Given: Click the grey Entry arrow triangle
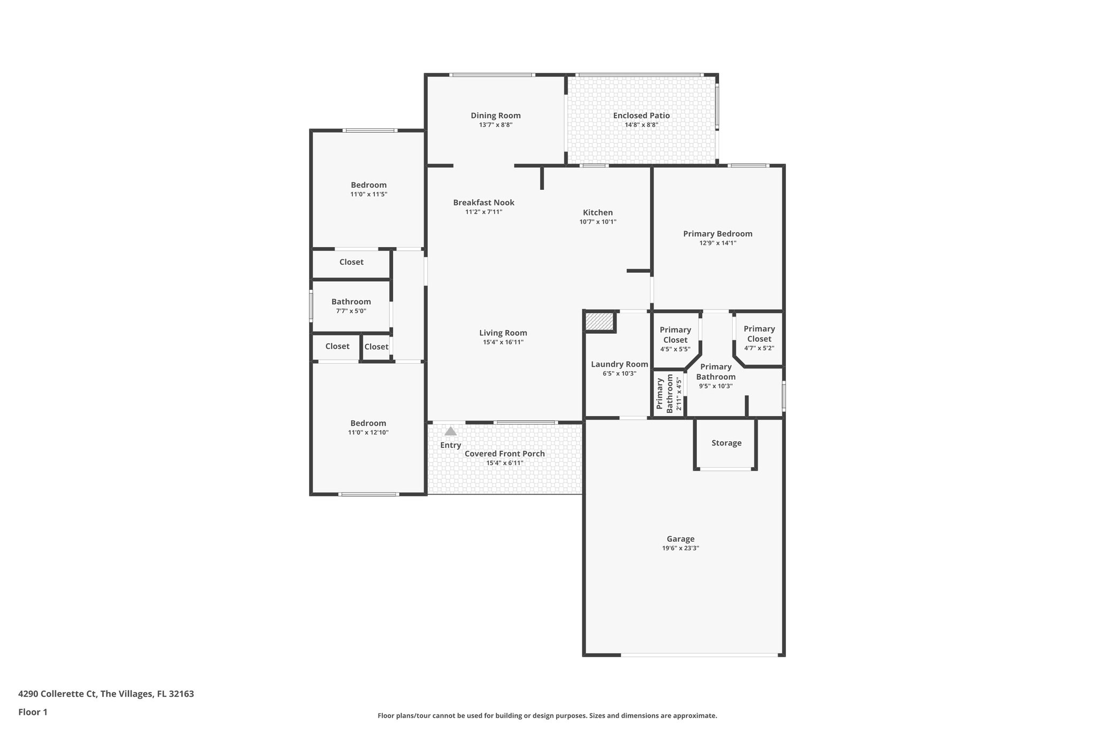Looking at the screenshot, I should pyautogui.click(x=451, y=431).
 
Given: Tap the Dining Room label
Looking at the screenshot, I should pyautogui.click(x=496, y=116).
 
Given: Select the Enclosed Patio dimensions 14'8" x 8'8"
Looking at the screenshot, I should pyautogui.click(x=641, y=125).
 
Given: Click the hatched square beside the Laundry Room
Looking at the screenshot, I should pyautogui.click(x=599, y=322).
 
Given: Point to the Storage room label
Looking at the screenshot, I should pyautogui.click(x=726, y=443).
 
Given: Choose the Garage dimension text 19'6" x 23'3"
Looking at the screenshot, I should pyautogui.click(x=680, y=548).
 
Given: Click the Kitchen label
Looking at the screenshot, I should pyautogui.click(x=598, y=212).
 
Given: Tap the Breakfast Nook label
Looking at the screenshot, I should pyautogui.click(x=483, y=202).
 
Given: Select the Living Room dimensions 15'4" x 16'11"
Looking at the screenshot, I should pyautogui.click(x=503, y=342).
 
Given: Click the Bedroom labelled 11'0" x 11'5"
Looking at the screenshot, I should pyautogui.click(x=368, y=185).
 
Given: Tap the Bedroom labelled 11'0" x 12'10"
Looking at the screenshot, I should pyautogui.click(x=368, y=423).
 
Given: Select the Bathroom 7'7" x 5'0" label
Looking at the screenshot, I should pyautogui.click(x=351, y=302).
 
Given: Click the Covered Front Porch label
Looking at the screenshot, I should pyautogui.click(x=504, y=454).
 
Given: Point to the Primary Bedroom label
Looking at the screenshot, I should pyautogui.click(x=718, y=234).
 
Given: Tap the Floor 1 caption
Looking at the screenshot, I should pyautogui.click(x=33, y=712).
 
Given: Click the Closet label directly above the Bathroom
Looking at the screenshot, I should pyautogui.click(x=351, y=262).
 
